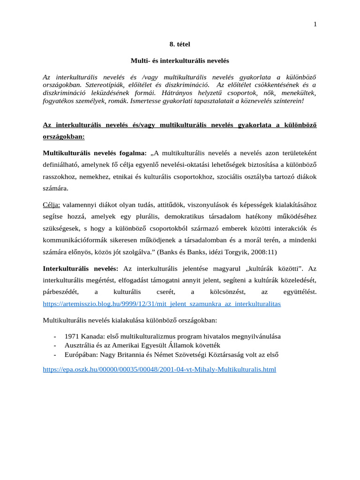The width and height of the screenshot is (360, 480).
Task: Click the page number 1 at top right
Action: pos(315,24)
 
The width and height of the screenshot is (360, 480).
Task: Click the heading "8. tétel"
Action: pos(180,44)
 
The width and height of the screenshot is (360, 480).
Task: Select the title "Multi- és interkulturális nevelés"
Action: pos(180,61)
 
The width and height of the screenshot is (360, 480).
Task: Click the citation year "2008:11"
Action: pos(263,252)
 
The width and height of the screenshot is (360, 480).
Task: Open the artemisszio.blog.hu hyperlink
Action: pos(162,304)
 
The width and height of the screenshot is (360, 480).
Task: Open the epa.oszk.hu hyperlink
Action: pos(159,369)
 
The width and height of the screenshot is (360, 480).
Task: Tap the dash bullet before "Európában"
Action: pos(55,354)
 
